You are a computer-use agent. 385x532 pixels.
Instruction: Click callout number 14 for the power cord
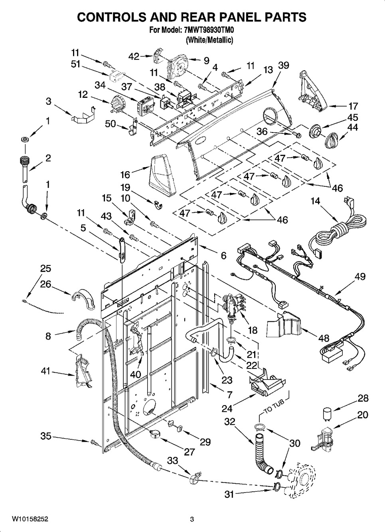coord(315,201)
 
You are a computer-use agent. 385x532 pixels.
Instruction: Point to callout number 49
coord(360,276)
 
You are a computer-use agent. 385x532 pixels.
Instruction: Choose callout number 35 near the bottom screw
coord(46,436)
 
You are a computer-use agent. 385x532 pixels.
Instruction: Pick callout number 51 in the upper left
coord(76,65)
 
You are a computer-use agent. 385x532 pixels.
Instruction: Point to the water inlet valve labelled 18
coord(231,305)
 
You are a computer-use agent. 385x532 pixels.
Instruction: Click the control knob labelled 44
coord(332,140)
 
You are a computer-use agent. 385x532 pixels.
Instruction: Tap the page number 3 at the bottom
coord(192,519)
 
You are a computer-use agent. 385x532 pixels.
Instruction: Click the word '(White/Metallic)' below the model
coord(209,40)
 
